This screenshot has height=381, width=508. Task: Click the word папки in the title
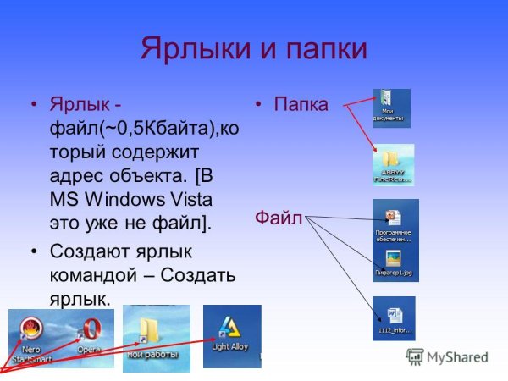click(324, 47)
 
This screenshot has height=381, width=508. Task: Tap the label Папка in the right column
click(301, 105)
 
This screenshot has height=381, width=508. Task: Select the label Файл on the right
click(279, 218)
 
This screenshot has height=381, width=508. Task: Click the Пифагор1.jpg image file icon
click(393, 257)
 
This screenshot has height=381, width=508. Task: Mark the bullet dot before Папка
click(260, 106)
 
